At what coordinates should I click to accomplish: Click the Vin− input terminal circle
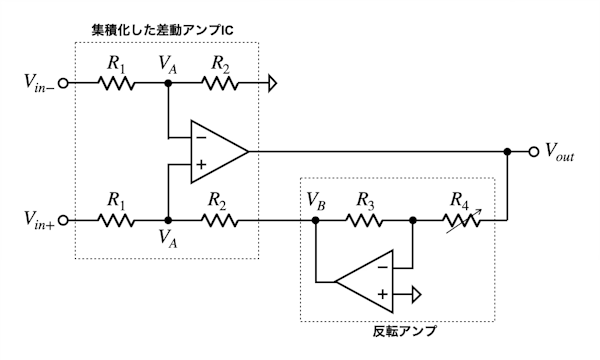tap(63, 83)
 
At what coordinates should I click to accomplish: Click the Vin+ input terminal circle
tap(63, 220)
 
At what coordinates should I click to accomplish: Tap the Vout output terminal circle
tap(533, 152)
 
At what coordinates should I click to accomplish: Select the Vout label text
tap(559, 152)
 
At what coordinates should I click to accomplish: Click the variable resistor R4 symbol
tap(462, 221)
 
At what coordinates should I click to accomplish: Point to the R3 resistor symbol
tap(364, 220)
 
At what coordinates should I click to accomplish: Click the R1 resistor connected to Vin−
tap(116, 83)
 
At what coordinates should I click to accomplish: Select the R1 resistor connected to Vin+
tap(116, 220)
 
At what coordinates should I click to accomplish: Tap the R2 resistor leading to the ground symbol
tap(220, 83)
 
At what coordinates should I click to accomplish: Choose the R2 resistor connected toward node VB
tap(220, 220)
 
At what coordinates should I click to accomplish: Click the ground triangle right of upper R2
tap(272, 83)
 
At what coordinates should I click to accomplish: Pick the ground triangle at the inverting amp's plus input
tap(416, 295)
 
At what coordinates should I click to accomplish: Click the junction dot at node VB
tap(315, 220)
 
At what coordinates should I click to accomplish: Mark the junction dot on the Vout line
tap(507, 152)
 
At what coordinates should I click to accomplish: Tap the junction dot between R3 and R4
tap(412, 220)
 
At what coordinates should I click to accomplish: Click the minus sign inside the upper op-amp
tap(201, 137)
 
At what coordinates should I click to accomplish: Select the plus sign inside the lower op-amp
tap(383, 294)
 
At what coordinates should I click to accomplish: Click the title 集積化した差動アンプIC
tap(162, 30)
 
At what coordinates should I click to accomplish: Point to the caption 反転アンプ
tap(404, 331)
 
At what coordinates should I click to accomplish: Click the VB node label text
tap(316, 202)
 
